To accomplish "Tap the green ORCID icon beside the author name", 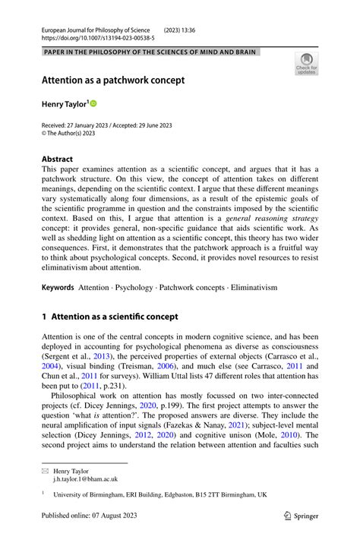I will coord(94,103).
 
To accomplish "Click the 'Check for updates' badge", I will coord(306,64).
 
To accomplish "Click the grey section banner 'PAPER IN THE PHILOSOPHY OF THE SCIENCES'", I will coord(150,52).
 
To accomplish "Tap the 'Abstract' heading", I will coord(58,160).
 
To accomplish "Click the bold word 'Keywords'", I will coord(58,288).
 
